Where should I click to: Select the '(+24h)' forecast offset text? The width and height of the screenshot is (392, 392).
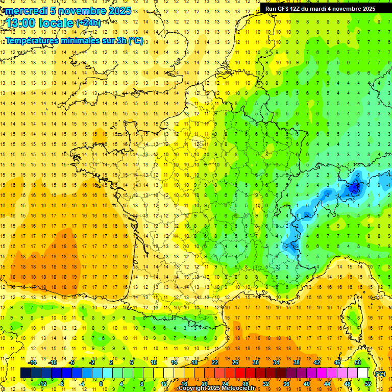[88, 23]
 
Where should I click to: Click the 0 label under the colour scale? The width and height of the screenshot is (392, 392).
[101, 383]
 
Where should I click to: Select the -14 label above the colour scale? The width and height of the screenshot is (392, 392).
[32, 362]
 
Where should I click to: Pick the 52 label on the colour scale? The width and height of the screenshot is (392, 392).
[367, 383]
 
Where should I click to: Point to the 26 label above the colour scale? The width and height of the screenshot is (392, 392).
[235, 362]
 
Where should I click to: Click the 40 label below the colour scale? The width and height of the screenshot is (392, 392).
[306, 383]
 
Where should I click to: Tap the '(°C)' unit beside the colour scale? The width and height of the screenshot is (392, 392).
[380, 373]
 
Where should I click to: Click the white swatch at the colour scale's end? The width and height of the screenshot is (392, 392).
[362, 373]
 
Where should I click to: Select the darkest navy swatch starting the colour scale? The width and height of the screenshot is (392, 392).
[26, 373]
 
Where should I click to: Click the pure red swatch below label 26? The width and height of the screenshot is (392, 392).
[240, 373]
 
